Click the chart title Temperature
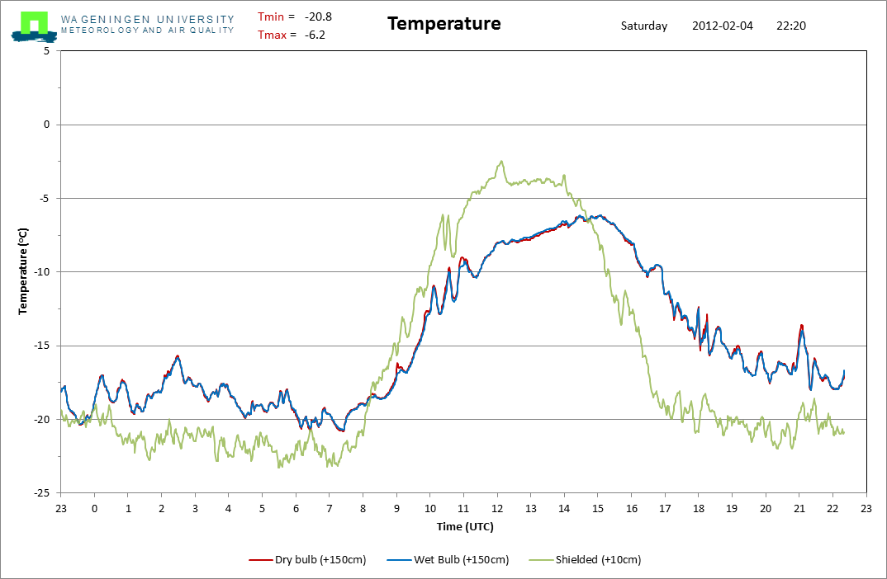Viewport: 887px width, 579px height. pos(443,24)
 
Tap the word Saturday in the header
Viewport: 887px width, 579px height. pos(644,26)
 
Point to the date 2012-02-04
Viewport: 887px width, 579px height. pos(723,26)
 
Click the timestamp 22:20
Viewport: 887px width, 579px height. pos(791,26)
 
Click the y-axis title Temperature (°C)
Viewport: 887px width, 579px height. pos(24,271)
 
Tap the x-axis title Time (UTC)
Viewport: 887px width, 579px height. pos(465,526)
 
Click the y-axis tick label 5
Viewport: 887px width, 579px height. pos(46,51)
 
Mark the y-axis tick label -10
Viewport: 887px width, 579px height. pos(41,272)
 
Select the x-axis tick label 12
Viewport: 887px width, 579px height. pos(497,509)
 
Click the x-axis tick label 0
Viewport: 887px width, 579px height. pos(95,509)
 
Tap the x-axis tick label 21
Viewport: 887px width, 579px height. pos(799,509)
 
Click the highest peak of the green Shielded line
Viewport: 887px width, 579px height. pos(500,162)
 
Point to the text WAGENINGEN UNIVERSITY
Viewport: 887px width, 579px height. pos(147,19)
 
